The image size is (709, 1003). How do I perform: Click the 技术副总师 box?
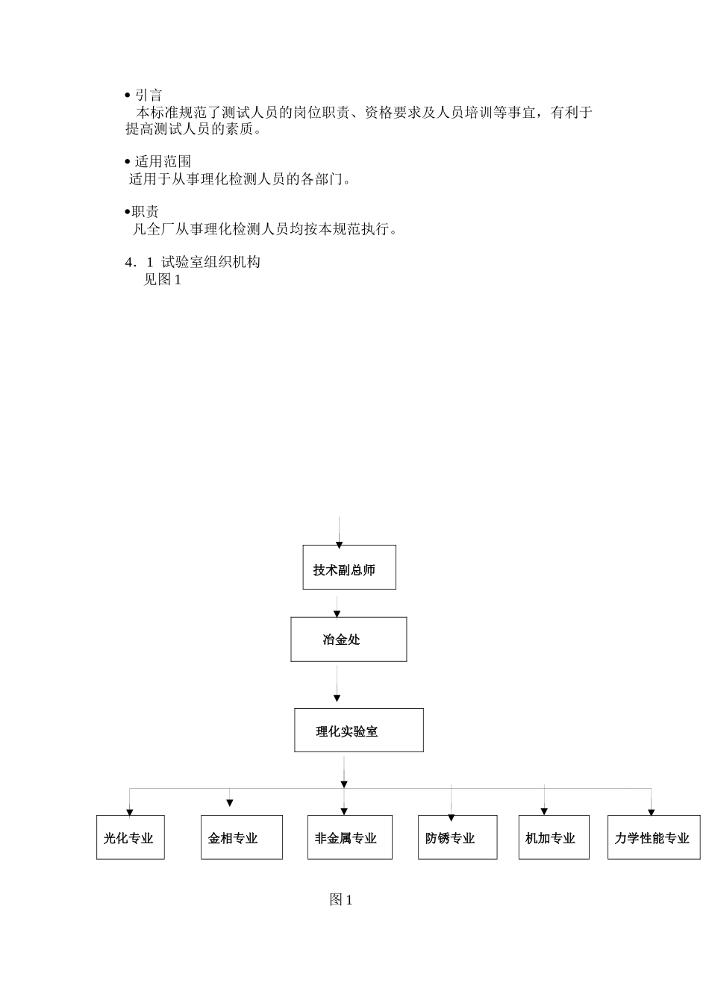(x=349, y=567)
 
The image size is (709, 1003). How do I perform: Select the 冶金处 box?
(x=349, y=640)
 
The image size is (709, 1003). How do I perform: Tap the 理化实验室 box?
(x=358, y=731)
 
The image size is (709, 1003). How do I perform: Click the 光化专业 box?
(x=131, y=837)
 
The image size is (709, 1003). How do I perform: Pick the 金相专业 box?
(x=242, y=837)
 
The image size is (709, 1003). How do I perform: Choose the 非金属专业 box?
(x=349, y=837)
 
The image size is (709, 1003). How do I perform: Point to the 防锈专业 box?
(x=457, y=837)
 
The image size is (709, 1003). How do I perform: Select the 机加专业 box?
(x=554, y=837)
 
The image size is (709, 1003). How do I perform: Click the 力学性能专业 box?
(x=654, y=837)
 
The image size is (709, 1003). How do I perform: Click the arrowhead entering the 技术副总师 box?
(x=339, y=546)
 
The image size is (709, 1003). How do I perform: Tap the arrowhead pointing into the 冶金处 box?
(x=337, y=614)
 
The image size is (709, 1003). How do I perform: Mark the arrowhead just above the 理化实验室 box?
(x=337, y=699)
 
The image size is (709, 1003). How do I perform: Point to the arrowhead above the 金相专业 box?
(x=230, y=803)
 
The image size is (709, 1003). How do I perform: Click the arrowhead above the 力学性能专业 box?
(x=651, y=812)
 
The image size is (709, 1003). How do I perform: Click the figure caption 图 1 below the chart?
(x=341, y=900)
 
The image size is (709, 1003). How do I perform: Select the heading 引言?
(x=148, y=95)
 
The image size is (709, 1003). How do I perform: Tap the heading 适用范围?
(x=163, y=161)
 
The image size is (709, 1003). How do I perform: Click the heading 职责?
(x=145, y=212)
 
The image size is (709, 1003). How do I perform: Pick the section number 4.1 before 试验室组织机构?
(x=140, y=263)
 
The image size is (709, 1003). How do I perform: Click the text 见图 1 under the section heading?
(x=163, y=280)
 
